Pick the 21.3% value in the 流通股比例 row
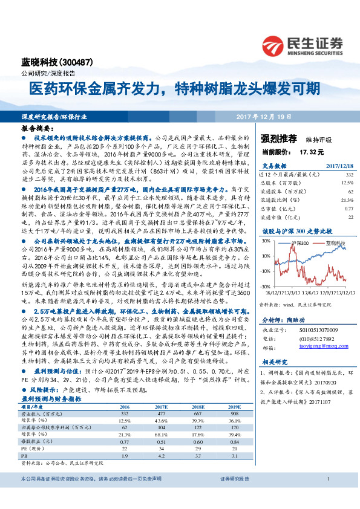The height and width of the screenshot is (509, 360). click(347, 199)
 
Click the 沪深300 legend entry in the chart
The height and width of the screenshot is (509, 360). click(300, 242)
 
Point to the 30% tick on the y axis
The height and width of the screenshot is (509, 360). click(266, 241)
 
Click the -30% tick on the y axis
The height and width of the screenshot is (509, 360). click(265, 287)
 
